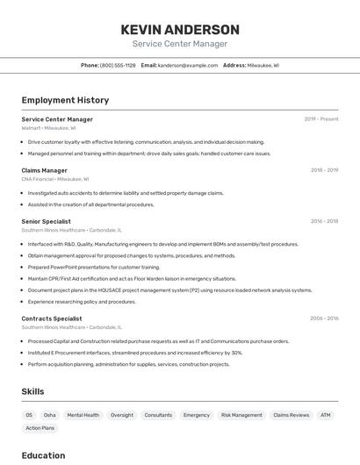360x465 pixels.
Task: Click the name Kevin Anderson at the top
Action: [180, 29]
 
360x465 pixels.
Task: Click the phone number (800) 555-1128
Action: [118, 65]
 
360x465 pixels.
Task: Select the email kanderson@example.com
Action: [188, 65]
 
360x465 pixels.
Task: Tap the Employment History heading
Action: [65, 100]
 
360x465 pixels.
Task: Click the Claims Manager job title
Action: [44, 170]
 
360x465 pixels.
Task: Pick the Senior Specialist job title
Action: [46, 221]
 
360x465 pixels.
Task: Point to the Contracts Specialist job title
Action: [52, 318]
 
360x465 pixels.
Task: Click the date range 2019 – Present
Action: [321, 119]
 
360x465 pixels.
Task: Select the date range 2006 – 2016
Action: [324, 318]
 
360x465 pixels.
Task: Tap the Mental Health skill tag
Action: [83, 415]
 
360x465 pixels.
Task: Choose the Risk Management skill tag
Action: [241, 415]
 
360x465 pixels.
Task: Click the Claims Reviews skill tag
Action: [291, 415]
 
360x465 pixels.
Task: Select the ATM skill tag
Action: [325, 415]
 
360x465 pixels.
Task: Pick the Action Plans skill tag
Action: [40, 428]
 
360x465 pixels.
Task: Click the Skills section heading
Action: [32, 391]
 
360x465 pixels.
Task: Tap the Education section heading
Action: [43, 455]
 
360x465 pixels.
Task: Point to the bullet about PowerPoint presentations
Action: [94, 267]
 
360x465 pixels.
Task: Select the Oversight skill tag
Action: [122, 415]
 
